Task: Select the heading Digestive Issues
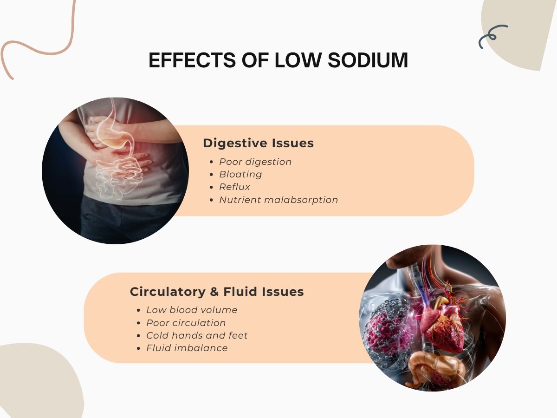[x=258, y=144]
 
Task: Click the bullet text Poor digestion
[x=255, y=162]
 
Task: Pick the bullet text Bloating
[x=240, y=174]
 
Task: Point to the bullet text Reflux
[x=234, y=187]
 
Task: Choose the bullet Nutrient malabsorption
[x=278, y=200]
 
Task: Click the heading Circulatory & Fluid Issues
[x=217, y=292]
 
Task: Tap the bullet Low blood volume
[x=192, y=310]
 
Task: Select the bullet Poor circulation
[x=186, y=323]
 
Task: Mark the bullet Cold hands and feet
[x=197, y=335]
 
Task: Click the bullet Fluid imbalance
[x=187, y=348]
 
